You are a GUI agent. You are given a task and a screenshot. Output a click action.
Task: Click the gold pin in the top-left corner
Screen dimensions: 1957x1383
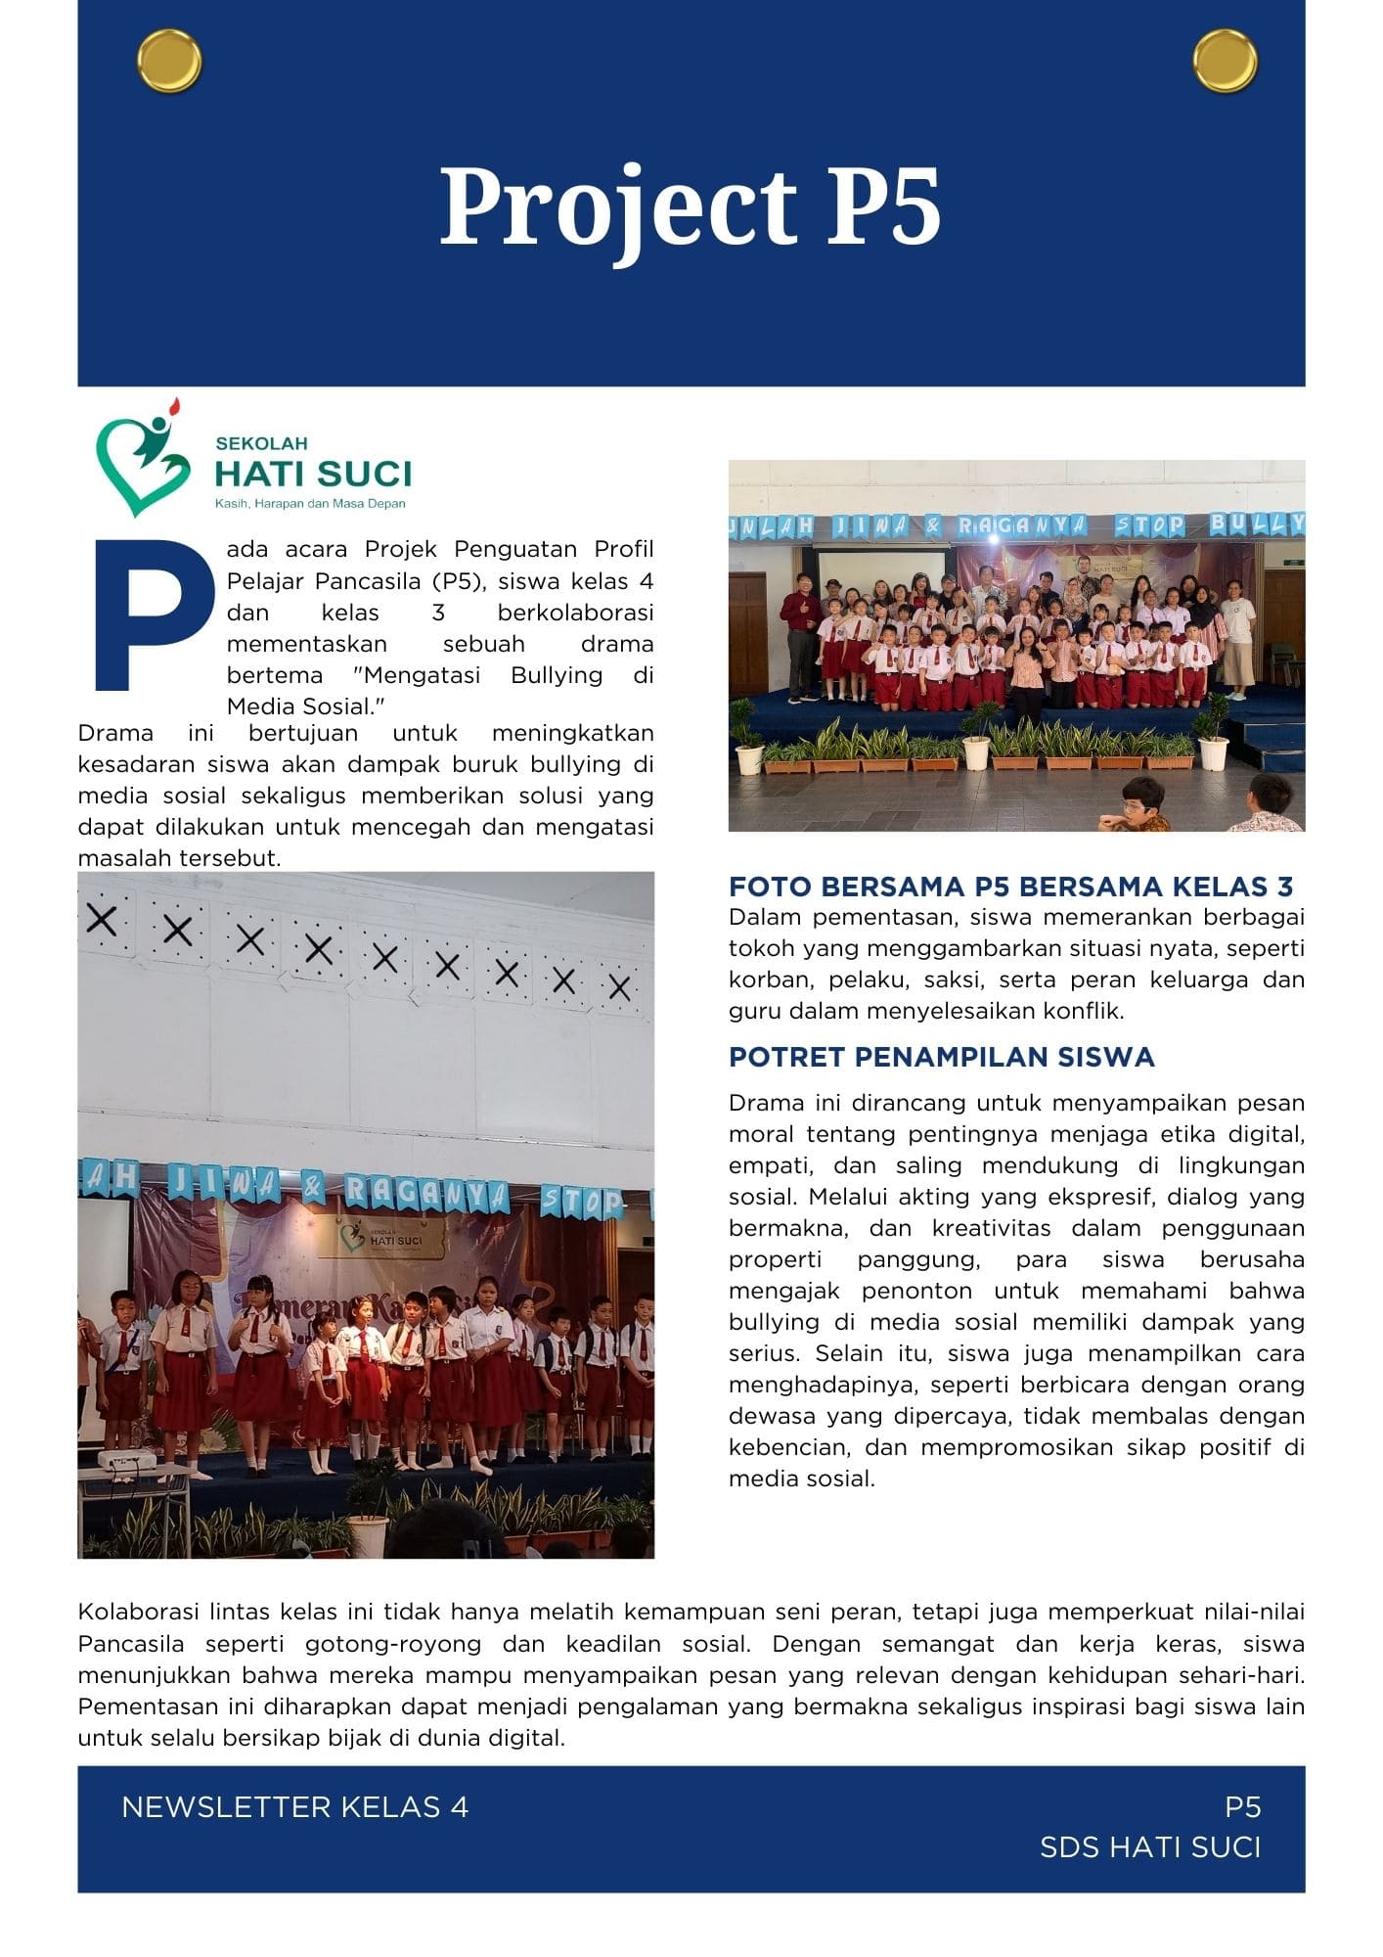tap(170, 62)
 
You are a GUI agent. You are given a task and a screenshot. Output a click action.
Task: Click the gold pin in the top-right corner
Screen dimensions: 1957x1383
tap(1225, 61)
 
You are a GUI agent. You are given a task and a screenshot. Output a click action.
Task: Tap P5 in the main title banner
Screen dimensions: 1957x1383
tap(883, 207)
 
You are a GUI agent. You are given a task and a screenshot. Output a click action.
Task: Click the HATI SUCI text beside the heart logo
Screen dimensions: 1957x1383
tap(313, 475)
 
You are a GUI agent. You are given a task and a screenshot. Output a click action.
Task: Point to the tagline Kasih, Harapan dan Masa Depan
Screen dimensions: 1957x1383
tap(310, 504)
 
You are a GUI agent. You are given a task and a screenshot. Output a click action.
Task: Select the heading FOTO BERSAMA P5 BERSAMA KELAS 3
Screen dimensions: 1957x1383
tap(1010, 887)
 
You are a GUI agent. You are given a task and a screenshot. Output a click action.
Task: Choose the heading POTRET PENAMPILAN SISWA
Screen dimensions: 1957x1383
tap(941, 1057)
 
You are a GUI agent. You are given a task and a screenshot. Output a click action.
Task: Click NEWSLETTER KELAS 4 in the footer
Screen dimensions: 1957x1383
tap(294, 1807)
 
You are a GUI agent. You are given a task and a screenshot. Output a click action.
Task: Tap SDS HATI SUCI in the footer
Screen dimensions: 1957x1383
tap(1150, 1847)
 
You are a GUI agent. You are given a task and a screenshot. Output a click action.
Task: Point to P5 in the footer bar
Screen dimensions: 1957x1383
tap(1242, 1807)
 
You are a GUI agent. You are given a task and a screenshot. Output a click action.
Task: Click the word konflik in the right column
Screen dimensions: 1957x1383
tap(1073, 1011)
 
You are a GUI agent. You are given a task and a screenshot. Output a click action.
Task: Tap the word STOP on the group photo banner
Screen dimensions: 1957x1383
tap(1149, 526)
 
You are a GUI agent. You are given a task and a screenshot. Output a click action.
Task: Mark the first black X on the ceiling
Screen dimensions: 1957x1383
tap(102, 920)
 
